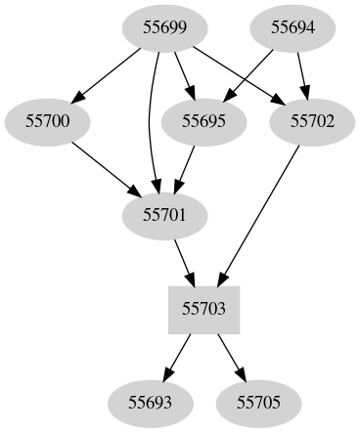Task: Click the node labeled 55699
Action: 157,28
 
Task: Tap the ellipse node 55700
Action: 47,121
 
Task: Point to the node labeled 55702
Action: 313,121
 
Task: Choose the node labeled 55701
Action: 164,214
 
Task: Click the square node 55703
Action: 204,308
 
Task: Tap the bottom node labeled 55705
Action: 258,401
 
